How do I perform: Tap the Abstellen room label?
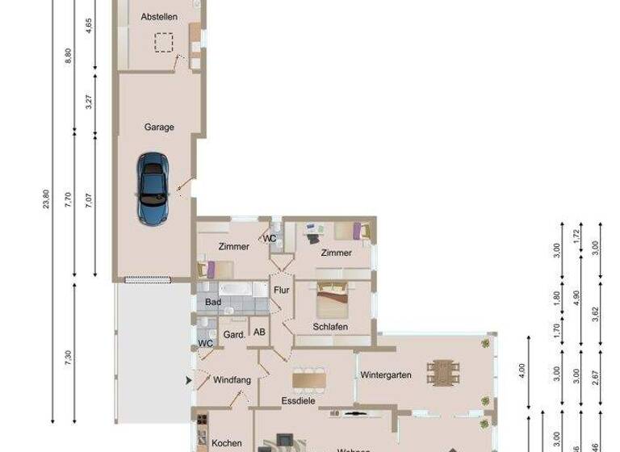click(x=158, y=16)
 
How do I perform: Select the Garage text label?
click(x=159, y=127)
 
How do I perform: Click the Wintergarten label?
click(x=386, y=375)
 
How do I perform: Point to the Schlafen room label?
click(x=330, y=326)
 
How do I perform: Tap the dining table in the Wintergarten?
click(x=443, y=373)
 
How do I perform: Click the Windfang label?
click(x=232, y=379)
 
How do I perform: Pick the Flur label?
click(x=282, y=290)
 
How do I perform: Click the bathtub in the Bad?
click(x=237, y=288)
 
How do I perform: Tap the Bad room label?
click(x=213, y=302)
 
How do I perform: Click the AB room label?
click(x=260, y=332)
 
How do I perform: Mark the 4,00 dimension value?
click(x=522, y=371)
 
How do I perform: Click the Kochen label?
click(x=227, y=443)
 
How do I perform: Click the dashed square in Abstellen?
click(x=166, y=42)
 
